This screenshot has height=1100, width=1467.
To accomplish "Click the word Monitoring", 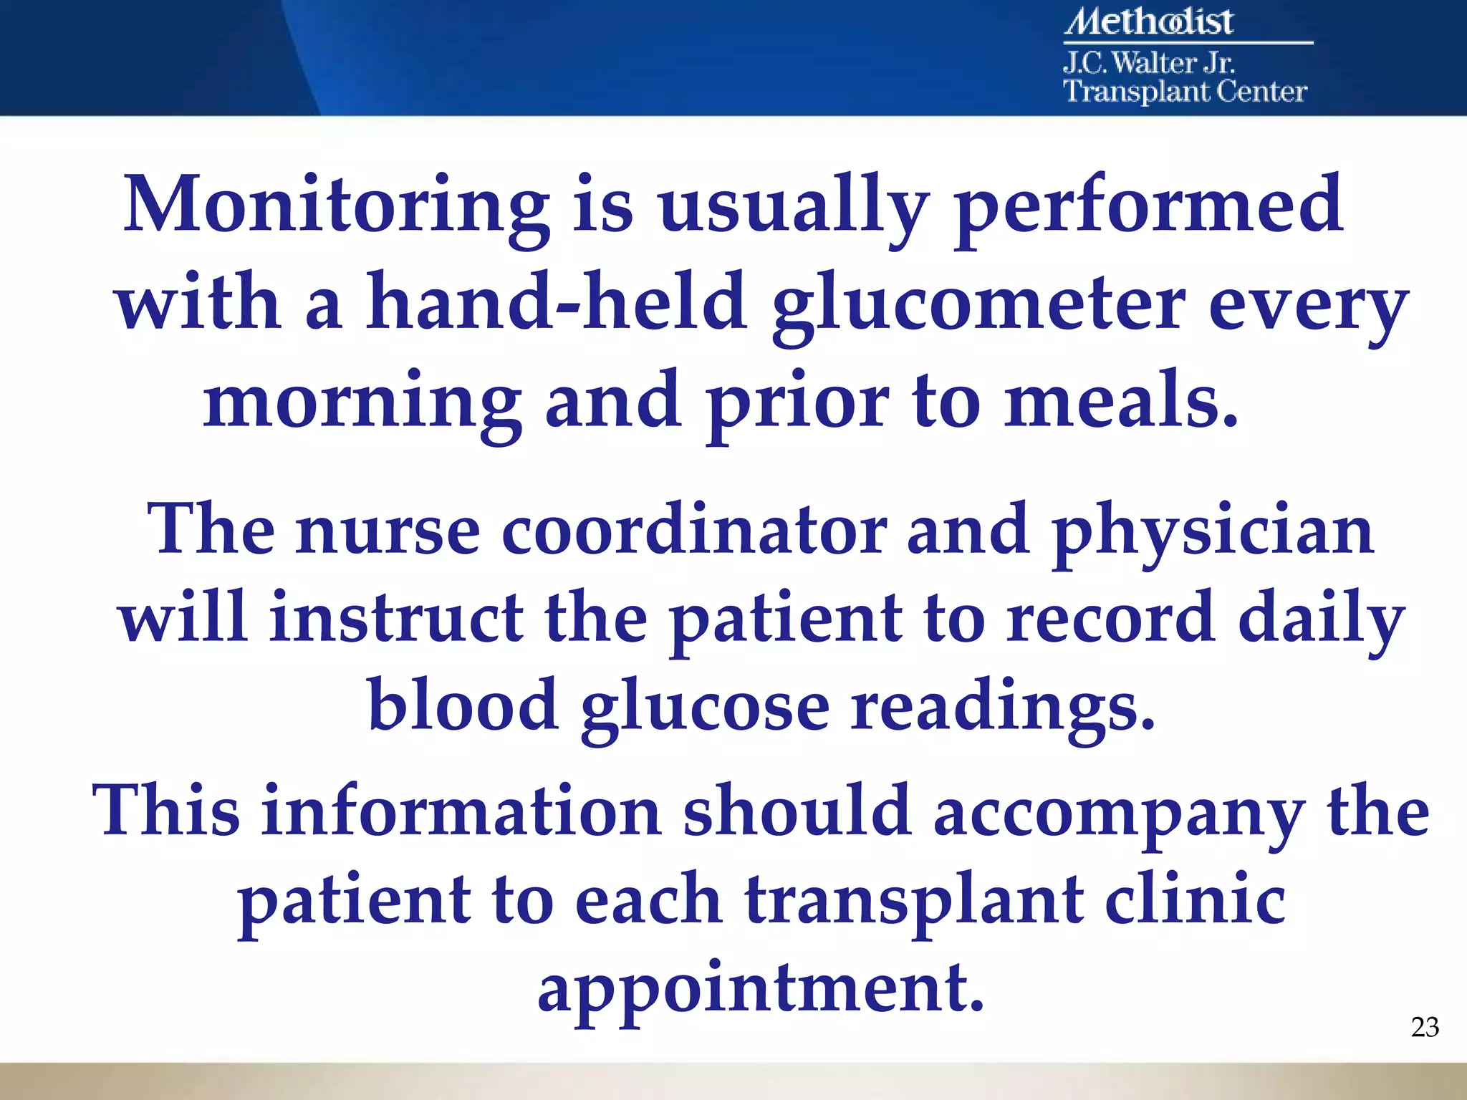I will [337, 208].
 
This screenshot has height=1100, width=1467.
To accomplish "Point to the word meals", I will [1120, 401].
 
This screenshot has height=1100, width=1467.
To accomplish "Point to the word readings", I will [1003, 709].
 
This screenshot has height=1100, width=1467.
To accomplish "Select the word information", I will [461, 813].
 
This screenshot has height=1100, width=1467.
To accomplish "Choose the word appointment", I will [761, 992].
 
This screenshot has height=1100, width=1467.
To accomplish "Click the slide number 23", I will [1425, 1028].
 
